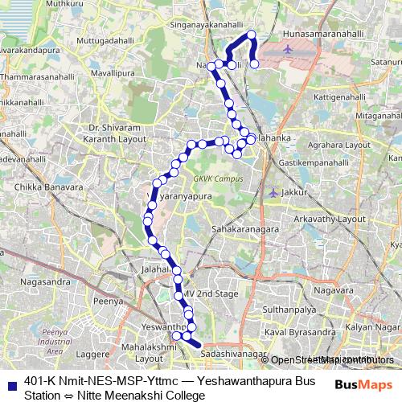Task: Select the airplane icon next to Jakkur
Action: [x=273, y=192]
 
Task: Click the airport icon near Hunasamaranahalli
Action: [x=289, y=49]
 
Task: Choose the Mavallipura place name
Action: [x=113, y=72]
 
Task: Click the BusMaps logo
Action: [x=363, y=384]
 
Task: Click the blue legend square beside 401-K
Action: [x=10, y=384]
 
